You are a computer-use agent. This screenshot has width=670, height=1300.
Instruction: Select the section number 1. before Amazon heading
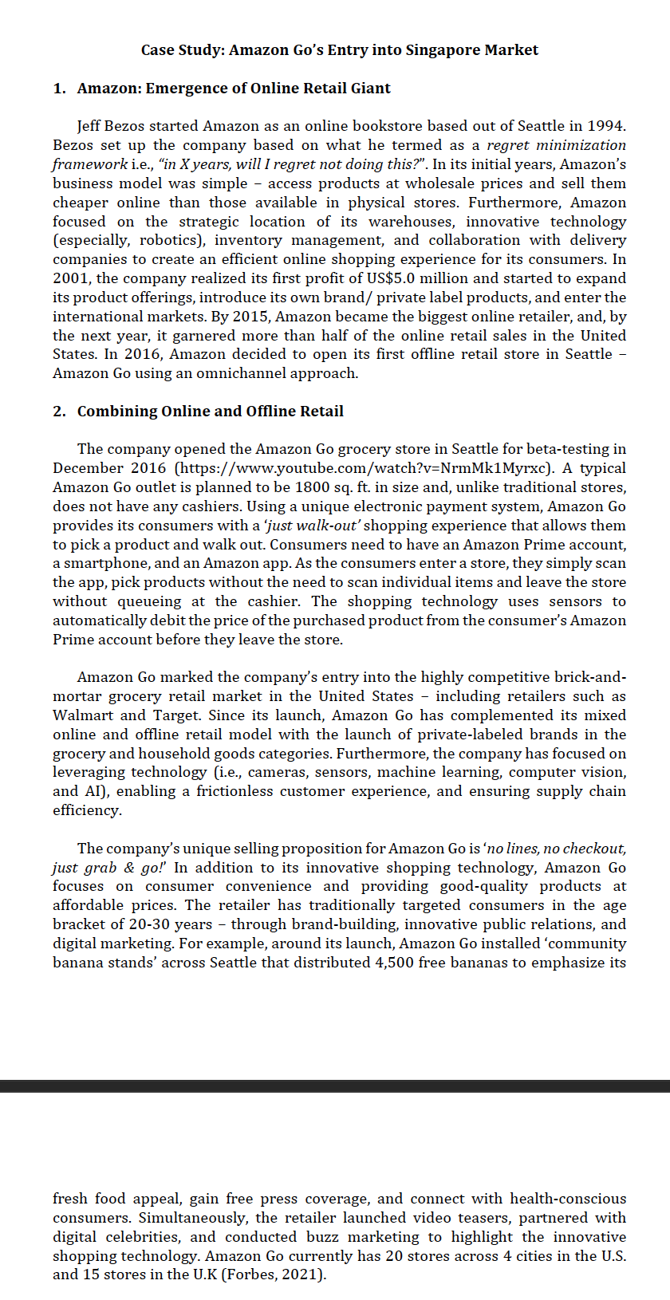point(60,89)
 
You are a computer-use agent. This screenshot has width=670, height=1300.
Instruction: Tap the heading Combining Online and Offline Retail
point(210,412)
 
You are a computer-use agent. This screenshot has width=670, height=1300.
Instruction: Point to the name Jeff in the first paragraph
point(90,126)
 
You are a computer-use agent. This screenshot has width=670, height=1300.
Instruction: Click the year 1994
point(605,126)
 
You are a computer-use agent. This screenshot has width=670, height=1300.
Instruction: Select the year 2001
point(72,278)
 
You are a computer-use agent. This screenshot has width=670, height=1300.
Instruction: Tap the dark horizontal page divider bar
point(335,1085)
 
